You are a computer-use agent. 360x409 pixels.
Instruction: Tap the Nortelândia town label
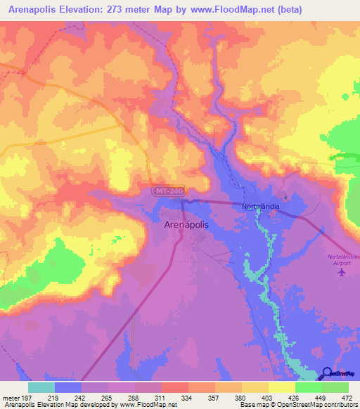(x=262, y=207)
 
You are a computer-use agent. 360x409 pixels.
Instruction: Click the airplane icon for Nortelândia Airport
(x=342, y=272)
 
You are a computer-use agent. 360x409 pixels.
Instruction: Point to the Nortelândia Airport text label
(x=342, y=259)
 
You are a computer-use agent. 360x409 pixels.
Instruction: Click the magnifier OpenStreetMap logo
(x=328, y=373)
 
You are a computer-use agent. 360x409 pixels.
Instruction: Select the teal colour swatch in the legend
(x=41, y=387)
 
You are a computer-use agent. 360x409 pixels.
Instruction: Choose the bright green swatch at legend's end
(x=335, y=387)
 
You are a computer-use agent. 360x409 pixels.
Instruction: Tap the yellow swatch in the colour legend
(x=282, y=387)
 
